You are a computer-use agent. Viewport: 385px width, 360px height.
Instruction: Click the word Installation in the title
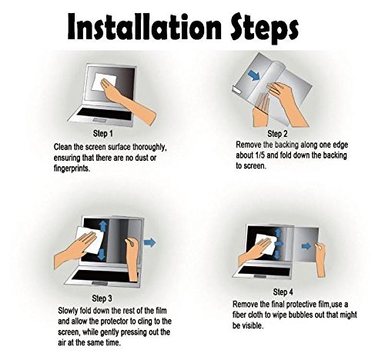(144, 26)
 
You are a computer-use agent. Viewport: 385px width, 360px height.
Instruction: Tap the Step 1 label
(102, 133)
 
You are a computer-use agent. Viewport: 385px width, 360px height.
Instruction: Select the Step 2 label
(277, 134)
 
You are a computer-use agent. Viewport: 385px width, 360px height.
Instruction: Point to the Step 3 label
(102, 298)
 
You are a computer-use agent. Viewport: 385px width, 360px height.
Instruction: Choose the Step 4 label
(283, 292)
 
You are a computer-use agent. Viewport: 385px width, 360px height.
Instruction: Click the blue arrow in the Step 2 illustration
(254, 76)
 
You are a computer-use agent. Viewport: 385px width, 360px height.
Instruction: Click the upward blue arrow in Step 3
(103, 226)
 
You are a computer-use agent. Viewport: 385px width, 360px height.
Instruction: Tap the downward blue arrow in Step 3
(102, 255)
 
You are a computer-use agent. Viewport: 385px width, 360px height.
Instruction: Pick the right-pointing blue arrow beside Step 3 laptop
(150, 242)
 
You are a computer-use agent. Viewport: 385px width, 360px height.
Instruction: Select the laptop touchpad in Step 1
(100, 120)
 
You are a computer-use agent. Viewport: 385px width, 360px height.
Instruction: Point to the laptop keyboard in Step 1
(104, 114)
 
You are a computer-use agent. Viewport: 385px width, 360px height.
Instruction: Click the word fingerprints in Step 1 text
(72, 168)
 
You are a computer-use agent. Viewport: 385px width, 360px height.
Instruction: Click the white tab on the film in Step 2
(236, 89)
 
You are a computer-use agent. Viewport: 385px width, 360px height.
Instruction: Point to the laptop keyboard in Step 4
(264, 270)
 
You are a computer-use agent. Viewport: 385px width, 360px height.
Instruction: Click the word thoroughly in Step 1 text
(149, 148)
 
